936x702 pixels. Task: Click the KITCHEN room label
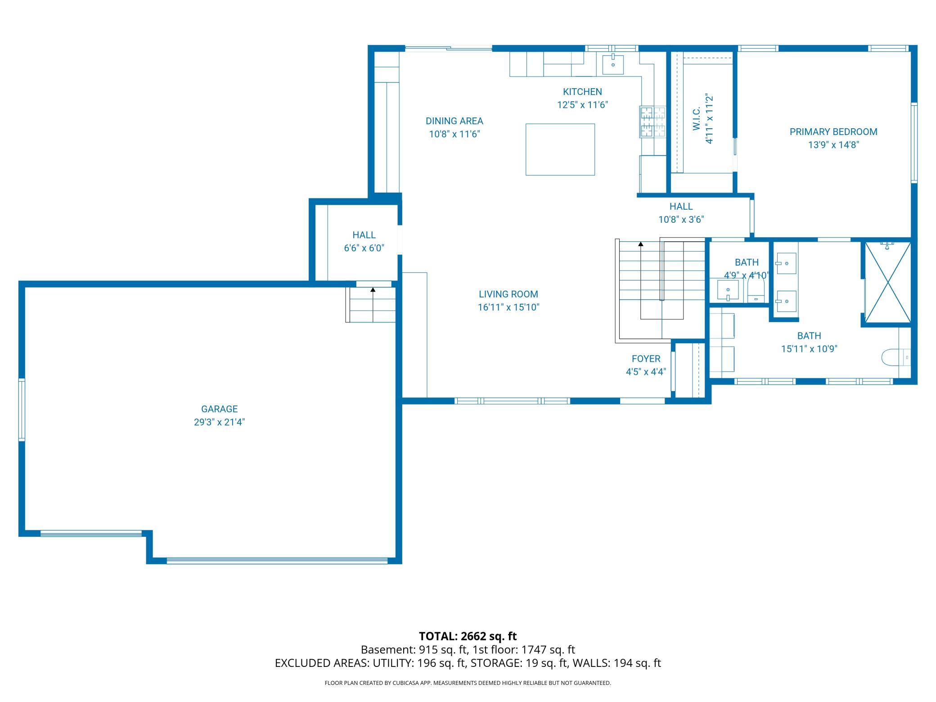[582, 92]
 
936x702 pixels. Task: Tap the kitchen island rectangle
[560, 149]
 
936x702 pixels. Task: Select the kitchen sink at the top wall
[613, 64]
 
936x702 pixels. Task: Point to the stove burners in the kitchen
[653, 121]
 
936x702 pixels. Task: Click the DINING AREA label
[454, 121]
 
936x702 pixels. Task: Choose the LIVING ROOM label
[508, 294]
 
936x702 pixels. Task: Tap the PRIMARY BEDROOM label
[833, 132]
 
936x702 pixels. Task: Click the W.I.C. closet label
[696, 119]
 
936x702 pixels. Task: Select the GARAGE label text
[219, 409]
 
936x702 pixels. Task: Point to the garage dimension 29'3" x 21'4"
[219, 422]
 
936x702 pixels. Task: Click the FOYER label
[646, 359]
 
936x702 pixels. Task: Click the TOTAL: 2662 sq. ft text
[468, 636]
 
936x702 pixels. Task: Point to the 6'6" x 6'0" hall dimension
[364, 248]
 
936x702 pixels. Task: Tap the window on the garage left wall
[21, 409]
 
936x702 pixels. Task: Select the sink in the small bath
[728, 290]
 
